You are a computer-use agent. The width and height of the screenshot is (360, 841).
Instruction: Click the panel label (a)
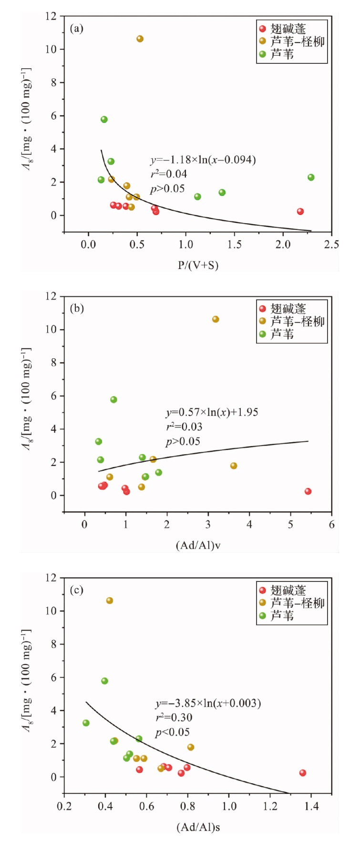77,29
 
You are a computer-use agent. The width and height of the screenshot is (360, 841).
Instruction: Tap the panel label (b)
77,309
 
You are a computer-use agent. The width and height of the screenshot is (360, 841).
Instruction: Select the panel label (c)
77,590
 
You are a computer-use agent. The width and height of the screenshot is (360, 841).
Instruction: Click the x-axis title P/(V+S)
198,265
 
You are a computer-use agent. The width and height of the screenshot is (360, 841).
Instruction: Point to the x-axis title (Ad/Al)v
198,545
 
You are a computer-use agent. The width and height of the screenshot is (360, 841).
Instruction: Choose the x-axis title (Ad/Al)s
198,827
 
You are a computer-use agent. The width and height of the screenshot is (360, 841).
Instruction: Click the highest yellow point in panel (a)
140,39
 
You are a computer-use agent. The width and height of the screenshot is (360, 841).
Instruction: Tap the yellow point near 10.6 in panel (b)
216,319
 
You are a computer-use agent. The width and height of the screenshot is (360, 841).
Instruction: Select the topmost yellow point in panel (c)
110,601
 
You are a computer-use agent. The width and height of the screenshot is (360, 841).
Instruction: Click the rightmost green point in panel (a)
311,177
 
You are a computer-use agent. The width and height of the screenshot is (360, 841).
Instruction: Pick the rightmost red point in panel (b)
308,491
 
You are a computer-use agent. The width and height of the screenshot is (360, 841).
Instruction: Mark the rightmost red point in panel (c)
303,773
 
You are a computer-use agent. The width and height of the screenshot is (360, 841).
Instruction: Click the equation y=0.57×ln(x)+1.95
212,413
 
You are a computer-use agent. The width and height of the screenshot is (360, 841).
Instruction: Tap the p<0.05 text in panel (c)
172,732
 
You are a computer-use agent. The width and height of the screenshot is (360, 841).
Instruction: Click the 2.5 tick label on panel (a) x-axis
331,245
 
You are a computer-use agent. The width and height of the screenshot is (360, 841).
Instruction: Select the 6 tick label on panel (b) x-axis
332,525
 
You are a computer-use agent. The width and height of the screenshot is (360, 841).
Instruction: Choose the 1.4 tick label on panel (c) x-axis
311,806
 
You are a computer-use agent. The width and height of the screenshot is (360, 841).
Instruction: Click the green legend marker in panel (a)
262,54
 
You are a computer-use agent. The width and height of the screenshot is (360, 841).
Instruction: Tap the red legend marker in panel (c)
262,591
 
